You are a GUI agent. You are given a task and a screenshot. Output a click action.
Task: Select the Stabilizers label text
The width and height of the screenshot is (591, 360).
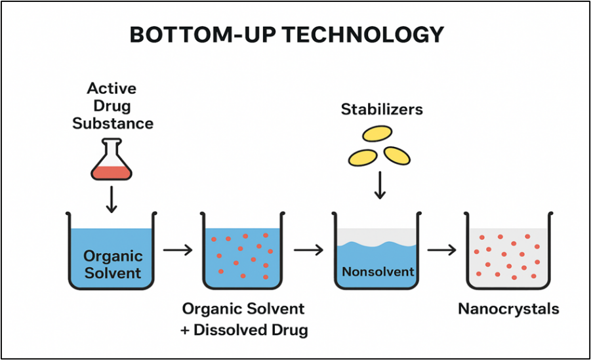[382, 109]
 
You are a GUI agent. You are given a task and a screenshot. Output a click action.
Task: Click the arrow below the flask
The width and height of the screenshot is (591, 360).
[112, 199]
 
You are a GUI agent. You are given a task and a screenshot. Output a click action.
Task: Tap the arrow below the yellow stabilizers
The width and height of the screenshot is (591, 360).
[379, 185]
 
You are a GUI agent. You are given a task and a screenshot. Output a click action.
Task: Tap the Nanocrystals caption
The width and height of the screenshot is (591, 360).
[508, 309]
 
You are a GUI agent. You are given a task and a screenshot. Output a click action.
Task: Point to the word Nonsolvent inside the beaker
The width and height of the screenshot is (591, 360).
[378, 271]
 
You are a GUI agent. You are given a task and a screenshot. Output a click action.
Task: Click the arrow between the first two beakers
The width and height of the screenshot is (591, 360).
[178, 250]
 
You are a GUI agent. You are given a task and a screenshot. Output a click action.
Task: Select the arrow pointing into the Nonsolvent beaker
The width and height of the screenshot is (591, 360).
[309, 250]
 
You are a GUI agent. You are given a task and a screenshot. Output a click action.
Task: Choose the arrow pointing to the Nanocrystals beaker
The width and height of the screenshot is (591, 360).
[441, 250]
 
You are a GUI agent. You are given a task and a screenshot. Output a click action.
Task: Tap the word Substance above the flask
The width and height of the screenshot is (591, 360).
[113, 123]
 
